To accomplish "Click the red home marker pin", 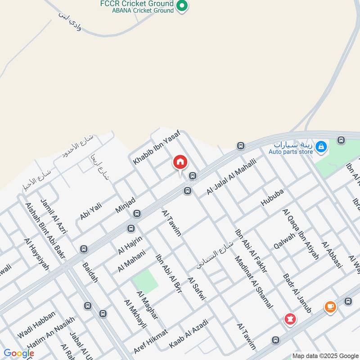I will pyautogui.click(x=180, y=162).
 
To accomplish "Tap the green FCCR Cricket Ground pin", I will pyautogui.click(x=182, y=6).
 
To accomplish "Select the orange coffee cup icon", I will pyautogui.click(x=330, y=307).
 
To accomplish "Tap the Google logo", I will pyautogui.click(x=19, y=353).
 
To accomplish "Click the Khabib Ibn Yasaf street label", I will pyautogui.click(x=156, y=147).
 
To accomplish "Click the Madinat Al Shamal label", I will pyautogui.click(x=254, y=282).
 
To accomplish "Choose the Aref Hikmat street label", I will pyautogui.click(x=150, y=341).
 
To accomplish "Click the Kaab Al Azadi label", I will pyautogui.click(x=189, y=333).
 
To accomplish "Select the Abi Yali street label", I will pyautogui.click(x=91, y=211).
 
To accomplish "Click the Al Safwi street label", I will pyautogui.click(x=197, y=289).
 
